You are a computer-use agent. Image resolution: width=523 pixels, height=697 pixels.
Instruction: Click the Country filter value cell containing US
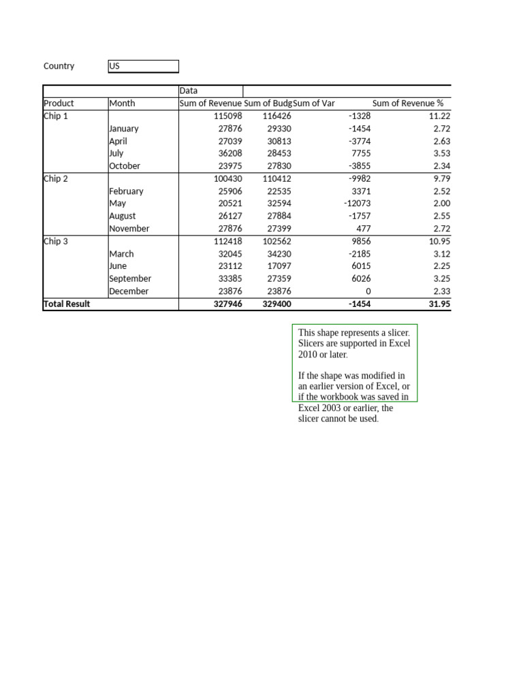coord(143,66)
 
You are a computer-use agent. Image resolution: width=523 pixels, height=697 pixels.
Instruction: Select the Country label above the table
coord(59,66)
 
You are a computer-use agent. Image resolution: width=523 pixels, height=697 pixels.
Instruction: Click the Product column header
coord(59,103)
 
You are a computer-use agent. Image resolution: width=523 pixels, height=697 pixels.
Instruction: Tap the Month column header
coord(122,103)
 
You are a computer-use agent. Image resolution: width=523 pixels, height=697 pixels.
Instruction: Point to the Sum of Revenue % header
coord(408,103)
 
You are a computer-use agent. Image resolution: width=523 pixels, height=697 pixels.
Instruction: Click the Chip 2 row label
coord(56,178)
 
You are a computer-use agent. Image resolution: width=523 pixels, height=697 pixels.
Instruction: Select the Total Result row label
coord(67,304)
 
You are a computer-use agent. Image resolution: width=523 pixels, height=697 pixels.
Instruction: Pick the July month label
coord(116,153)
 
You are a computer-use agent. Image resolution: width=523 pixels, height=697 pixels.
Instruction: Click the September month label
coord(130,278)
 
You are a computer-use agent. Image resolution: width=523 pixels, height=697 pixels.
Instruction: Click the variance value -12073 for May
coord(357,204)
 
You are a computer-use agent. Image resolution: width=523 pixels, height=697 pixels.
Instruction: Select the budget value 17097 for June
coord(279,266)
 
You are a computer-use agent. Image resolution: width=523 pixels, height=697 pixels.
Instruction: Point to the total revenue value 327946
coord(227,304)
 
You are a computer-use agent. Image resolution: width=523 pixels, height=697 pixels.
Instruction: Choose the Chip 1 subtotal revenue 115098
coord(227,116)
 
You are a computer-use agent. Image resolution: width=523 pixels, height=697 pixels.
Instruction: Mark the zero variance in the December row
coord(368,291)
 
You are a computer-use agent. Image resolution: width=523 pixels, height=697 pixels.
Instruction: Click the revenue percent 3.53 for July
coord(441,153)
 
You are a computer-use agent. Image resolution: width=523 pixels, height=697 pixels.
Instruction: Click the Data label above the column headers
coord(189,91)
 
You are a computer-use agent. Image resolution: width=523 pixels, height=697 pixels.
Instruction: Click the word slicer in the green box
coord(396,333)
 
